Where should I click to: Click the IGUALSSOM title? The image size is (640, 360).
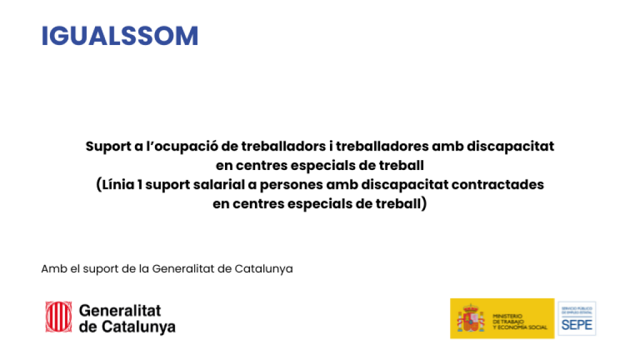(119, 36)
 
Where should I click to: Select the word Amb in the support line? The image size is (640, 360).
(51, 269)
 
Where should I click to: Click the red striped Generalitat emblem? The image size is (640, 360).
(58, 317)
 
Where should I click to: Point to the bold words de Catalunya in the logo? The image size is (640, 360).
(127, 326)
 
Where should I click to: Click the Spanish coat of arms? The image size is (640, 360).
(471, 319)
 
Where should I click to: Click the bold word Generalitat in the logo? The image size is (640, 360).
(120, 311)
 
